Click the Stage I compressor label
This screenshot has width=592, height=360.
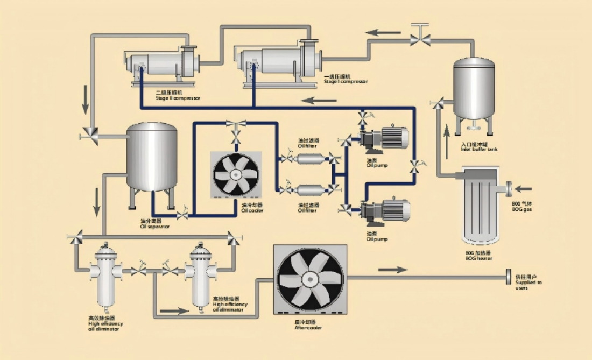(x=346, y=79)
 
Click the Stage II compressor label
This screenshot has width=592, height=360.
(x=178, y=96)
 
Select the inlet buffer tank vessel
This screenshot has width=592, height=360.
(x=474, y=89)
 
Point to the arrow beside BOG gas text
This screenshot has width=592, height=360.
(x=523, y=189)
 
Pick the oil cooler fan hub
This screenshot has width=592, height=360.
(x=236, y=174)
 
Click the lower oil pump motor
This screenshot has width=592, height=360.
(x=395, y=210)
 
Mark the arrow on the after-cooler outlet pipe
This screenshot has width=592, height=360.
(x=393, y=269)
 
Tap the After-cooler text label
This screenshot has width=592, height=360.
(x=308, y=325)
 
